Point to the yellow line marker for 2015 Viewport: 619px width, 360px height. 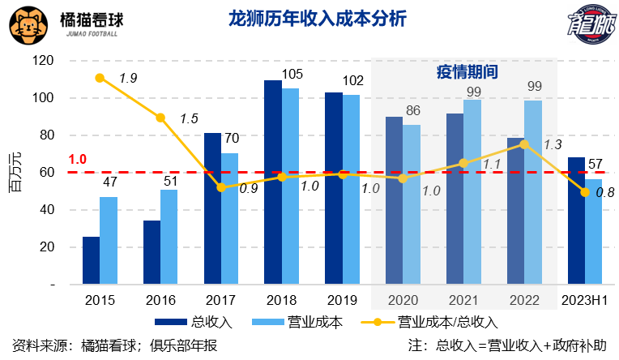(100, 78)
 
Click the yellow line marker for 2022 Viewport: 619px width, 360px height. (525, 144)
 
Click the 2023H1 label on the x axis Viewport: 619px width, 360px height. (585, 300)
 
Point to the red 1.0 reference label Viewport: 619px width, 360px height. (78, 159)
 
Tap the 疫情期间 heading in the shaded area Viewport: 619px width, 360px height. (463, 71)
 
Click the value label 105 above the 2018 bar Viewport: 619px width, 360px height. (292, 75)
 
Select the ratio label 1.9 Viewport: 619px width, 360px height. (128, 78)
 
